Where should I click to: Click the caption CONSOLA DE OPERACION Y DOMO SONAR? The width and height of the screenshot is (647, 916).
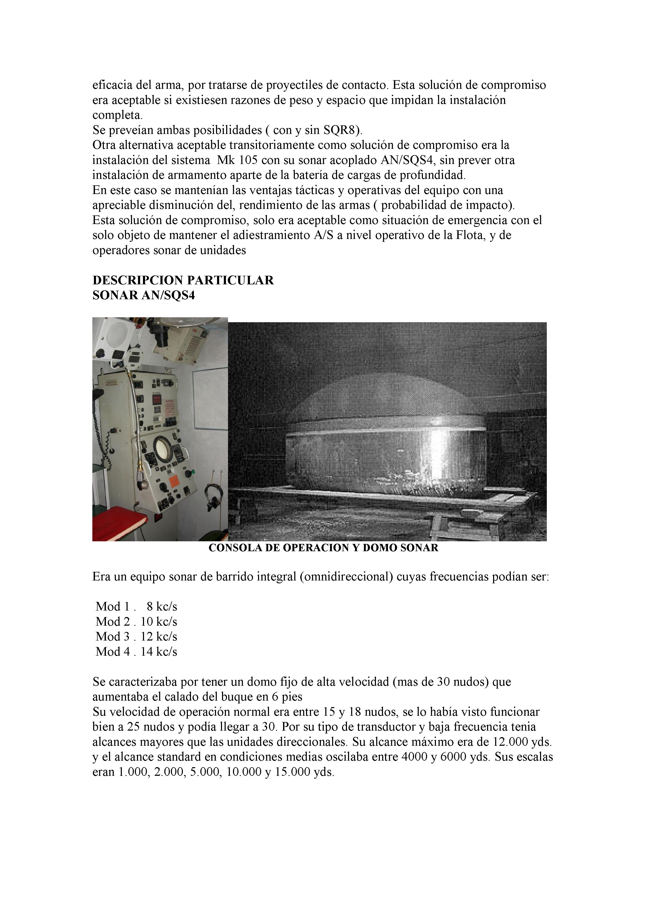click(x=323, y=548)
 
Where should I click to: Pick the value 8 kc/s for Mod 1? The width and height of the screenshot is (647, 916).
click(x=161, y=607)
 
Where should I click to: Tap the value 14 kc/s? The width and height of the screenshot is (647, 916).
click(x=159, y=652)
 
